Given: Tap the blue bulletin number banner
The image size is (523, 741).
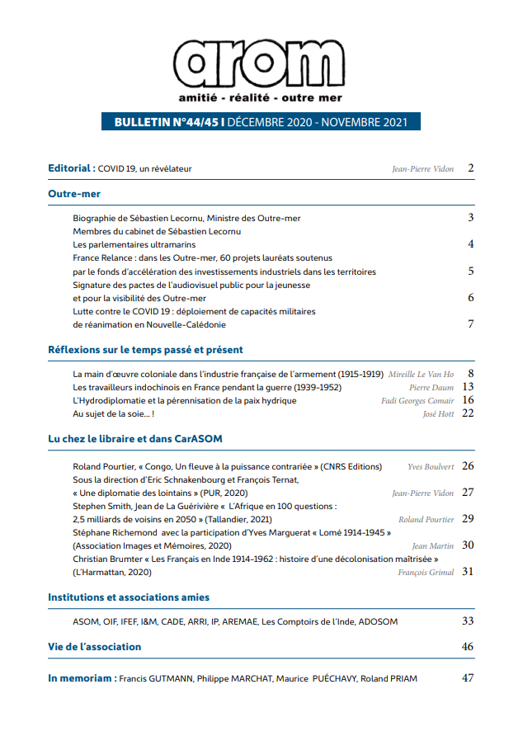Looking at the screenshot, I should pyautogui.click(x=261, y=121).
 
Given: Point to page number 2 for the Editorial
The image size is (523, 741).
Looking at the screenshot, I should pyautogui.click(x=470, y=168).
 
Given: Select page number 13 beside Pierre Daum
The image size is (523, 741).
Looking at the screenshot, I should pyautogui.click(x=468, y=387).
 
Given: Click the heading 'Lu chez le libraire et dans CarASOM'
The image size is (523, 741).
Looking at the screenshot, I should pyautogui.click(x=134, y=440).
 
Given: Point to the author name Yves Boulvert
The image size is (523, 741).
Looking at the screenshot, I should pyautogui.click(x=431, y=466).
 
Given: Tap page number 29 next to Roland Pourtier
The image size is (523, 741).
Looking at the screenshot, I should pyautogui.click(x=468, y=519).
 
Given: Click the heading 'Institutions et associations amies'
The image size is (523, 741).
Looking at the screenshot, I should pyautogui.click(x=129, y=597).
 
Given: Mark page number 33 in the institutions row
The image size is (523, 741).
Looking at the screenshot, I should pyautogui.click(x=468, y=621).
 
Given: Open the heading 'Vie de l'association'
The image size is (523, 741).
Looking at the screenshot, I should pyautogui.click(x=95, y=646).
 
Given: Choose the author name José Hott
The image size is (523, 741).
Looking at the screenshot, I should pyautogui.click(x=438, y=413).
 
